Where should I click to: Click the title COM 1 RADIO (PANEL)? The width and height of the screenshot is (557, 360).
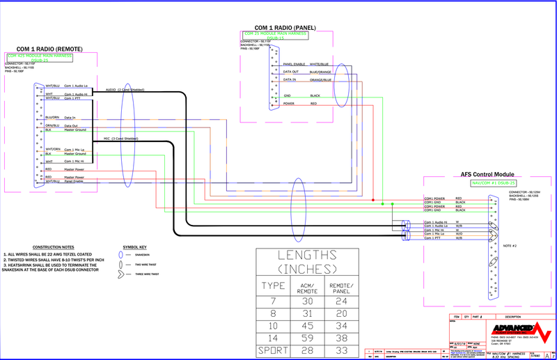[x=285, y=28]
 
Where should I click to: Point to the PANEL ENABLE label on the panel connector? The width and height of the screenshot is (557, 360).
[x=295, y=64]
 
